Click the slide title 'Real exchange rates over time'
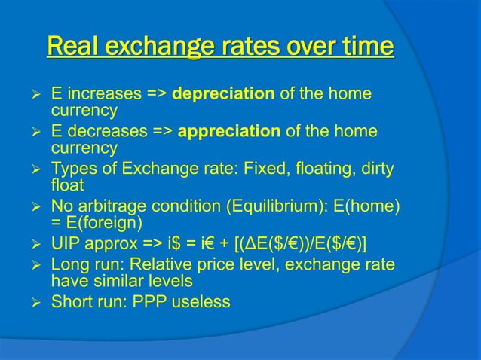point(219,47)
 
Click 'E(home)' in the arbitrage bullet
point(372,205)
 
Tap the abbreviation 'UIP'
point(66,241)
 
